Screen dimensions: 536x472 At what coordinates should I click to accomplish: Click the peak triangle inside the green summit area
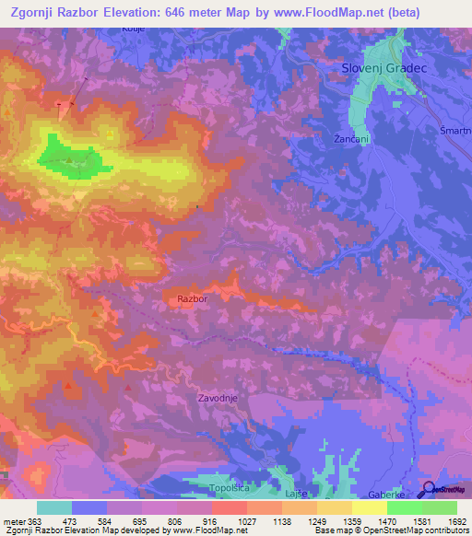70,159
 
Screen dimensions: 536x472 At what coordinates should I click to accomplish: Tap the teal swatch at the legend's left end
54,507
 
